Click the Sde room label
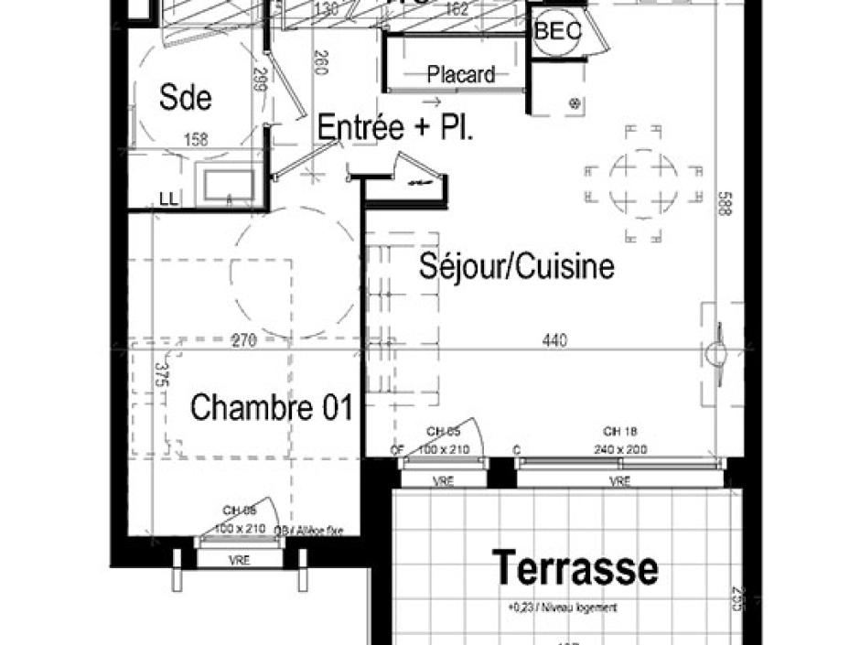click(186, 97)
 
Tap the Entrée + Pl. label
click(395, 128)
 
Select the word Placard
click(462, 75)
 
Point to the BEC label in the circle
click(558, 31)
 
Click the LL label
click(170, 198)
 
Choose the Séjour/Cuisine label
click(516, 266)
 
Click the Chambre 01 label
click(271, 408)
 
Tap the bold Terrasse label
click(575, 567)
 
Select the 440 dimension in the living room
click(554, 341)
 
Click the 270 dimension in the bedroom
click(242, 341)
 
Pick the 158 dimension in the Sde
click(196, 140)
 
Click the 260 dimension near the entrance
click(320, 63)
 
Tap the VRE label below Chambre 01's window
click(240, 560)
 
